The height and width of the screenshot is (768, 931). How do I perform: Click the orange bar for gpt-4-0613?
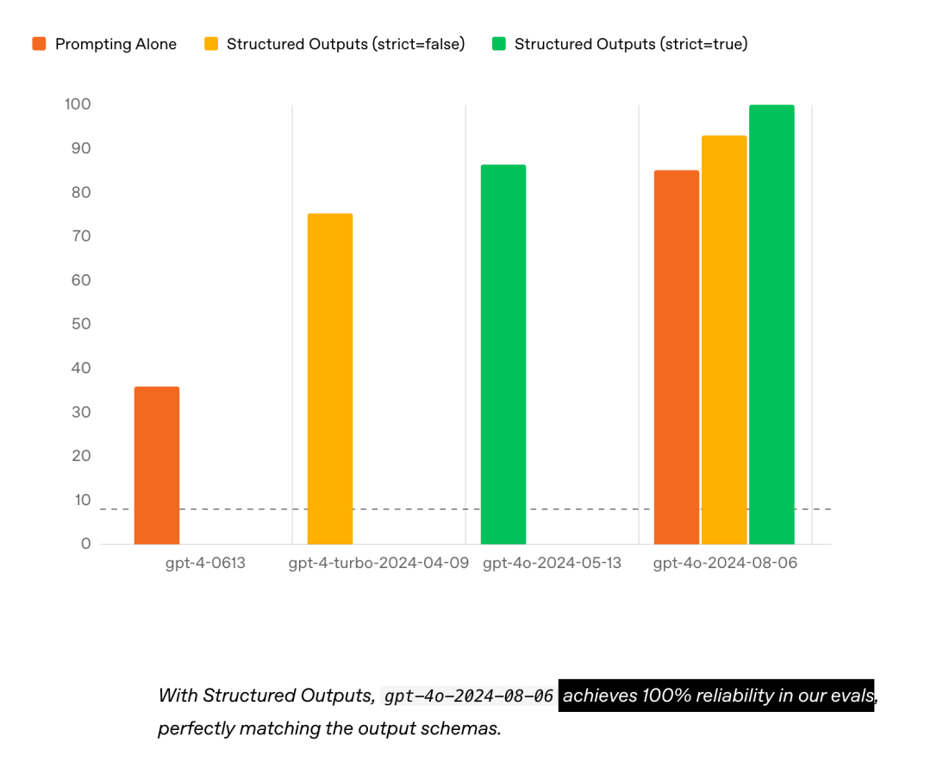click(x=157, y=465)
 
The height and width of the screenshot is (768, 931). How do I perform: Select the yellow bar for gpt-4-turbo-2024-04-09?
click(x=330, y=378)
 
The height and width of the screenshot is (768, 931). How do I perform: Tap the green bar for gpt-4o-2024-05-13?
click(x=503, y=354)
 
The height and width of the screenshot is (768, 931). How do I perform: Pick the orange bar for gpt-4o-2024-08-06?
click(x=677, y=358)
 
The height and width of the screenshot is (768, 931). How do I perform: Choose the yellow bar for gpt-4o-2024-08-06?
click(x=724, y=340)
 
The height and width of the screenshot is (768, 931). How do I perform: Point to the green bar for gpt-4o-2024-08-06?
click(x=772, y=325)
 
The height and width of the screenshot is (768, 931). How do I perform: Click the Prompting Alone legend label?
click(x=116, y=44)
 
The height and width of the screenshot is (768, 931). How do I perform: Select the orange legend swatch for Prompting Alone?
click(x=39, y=43)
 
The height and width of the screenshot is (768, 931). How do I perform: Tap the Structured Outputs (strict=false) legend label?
click(x=346, y=44)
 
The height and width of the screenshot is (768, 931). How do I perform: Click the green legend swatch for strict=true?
click(x=499, y=43)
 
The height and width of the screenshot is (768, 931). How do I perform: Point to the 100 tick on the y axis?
click(x=78, y=104)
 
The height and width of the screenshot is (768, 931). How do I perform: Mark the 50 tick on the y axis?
click(x=81, y=324)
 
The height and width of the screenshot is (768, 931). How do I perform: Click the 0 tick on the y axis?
click(x=86, y=544)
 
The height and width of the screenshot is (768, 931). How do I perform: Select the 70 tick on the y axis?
click(x=81, y=236)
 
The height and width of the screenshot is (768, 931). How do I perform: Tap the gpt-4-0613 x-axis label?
click(x=205, y=563)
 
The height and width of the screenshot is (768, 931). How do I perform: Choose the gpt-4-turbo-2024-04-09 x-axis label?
click(x=378, y=563)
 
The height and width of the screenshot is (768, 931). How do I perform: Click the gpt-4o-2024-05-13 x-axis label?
click(x=553, y=563)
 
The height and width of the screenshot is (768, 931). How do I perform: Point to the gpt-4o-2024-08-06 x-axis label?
click(x=725, y=563)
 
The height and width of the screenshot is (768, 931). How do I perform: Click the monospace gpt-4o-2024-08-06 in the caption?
click(x=468, y=696)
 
